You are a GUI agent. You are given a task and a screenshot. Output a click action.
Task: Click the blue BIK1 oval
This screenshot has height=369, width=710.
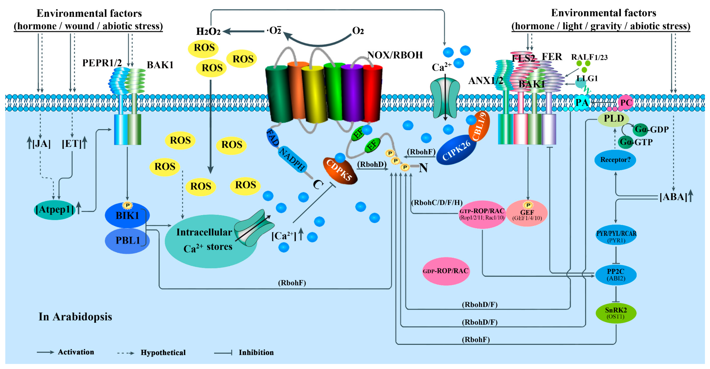click(127, 215)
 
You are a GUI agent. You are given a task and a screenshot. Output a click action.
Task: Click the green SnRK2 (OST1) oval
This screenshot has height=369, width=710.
click(616, 313)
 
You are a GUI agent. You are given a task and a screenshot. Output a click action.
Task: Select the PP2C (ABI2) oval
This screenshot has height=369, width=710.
click(616, 275)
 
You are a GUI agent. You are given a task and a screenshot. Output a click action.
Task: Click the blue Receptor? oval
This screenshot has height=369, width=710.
click(615, 160)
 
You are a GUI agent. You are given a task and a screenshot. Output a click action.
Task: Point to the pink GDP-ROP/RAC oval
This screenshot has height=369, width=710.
click(446, 271)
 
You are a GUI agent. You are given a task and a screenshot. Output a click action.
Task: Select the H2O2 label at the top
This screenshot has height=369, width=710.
click(208, 31)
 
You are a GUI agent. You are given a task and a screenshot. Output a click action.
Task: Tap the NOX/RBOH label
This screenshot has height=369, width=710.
click(395, 55)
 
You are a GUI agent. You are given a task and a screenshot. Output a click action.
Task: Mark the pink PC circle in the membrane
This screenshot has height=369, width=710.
click(626, 103)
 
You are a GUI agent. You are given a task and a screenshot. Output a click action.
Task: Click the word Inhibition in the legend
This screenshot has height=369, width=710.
click(256, 352)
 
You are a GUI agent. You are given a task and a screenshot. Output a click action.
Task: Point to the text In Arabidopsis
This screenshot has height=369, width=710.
click(75, 317)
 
